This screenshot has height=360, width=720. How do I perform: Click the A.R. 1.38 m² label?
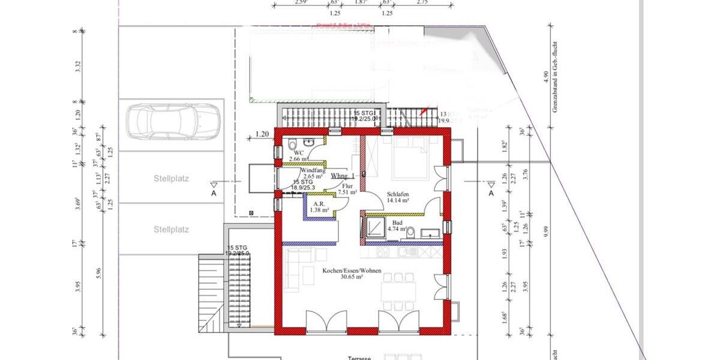coord(319,207)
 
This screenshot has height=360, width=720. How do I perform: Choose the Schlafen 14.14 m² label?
coord(398,197)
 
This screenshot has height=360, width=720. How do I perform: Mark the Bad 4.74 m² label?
coord(397,226)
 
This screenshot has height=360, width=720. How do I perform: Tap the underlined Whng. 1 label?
coord(343,176)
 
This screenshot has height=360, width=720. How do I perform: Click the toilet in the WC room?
coord(292,145)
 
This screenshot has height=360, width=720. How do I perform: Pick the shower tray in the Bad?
coord(377,227)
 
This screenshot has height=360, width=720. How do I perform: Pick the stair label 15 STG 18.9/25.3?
coord(304,184)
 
